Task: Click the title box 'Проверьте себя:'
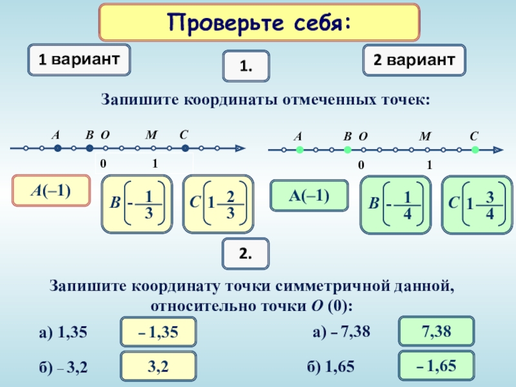(259, 24)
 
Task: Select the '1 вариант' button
(79, 60)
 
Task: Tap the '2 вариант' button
(414, 60)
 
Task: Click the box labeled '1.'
(246, 67)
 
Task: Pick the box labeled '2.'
(246, 255)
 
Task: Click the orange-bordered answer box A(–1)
(52, 191)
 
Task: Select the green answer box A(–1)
(309, 195)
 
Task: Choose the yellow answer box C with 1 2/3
(218, 204)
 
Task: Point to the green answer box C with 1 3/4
(475, 204)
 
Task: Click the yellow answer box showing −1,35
(158, 333)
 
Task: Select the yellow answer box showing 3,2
(158, 367)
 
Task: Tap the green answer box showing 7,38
(437, 332)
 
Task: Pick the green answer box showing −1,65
(437, 366)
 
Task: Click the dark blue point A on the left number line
(57, 148)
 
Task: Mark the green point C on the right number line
(475, 150)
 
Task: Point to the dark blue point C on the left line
(185, 148)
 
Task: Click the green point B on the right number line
(347, 150)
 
